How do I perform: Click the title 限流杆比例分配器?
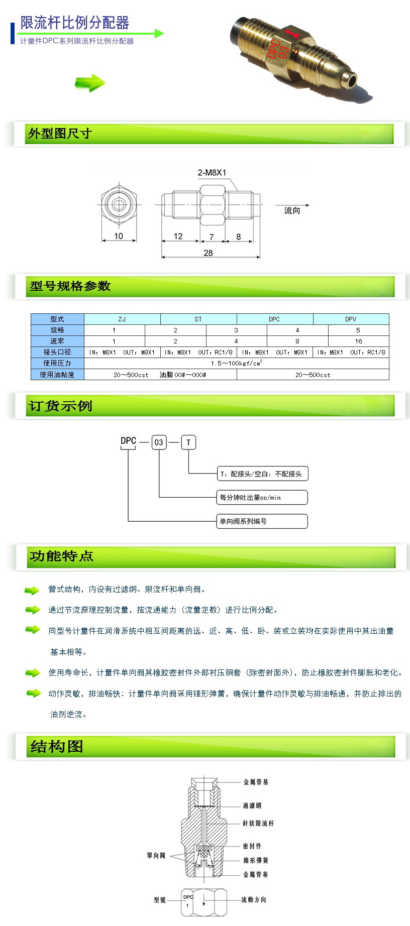coord(75,23)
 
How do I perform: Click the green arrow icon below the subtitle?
coord(90,83)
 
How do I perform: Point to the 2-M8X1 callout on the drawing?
coord(212,173)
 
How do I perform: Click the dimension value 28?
coord(209,253)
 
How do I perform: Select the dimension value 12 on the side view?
coord(178,236)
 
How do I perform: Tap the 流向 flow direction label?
coord(292,210)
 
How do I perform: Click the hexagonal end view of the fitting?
coord(119,205)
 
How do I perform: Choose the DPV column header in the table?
coord(351,319)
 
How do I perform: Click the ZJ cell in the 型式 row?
coord(122,319)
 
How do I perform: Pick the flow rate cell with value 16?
coord(358,341)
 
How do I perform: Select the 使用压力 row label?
coord(57,363)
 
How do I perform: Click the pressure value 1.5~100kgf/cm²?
coord(236,363)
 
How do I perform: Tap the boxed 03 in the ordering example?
coord(159,442)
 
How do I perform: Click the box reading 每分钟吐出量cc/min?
coord(262,498)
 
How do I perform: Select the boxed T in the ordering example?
coord(188,442)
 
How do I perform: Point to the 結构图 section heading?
coord(57,747)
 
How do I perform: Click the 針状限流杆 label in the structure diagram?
coord(258,823)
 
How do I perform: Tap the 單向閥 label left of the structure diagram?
coord(156,855)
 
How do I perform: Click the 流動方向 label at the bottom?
coord(254,899)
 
